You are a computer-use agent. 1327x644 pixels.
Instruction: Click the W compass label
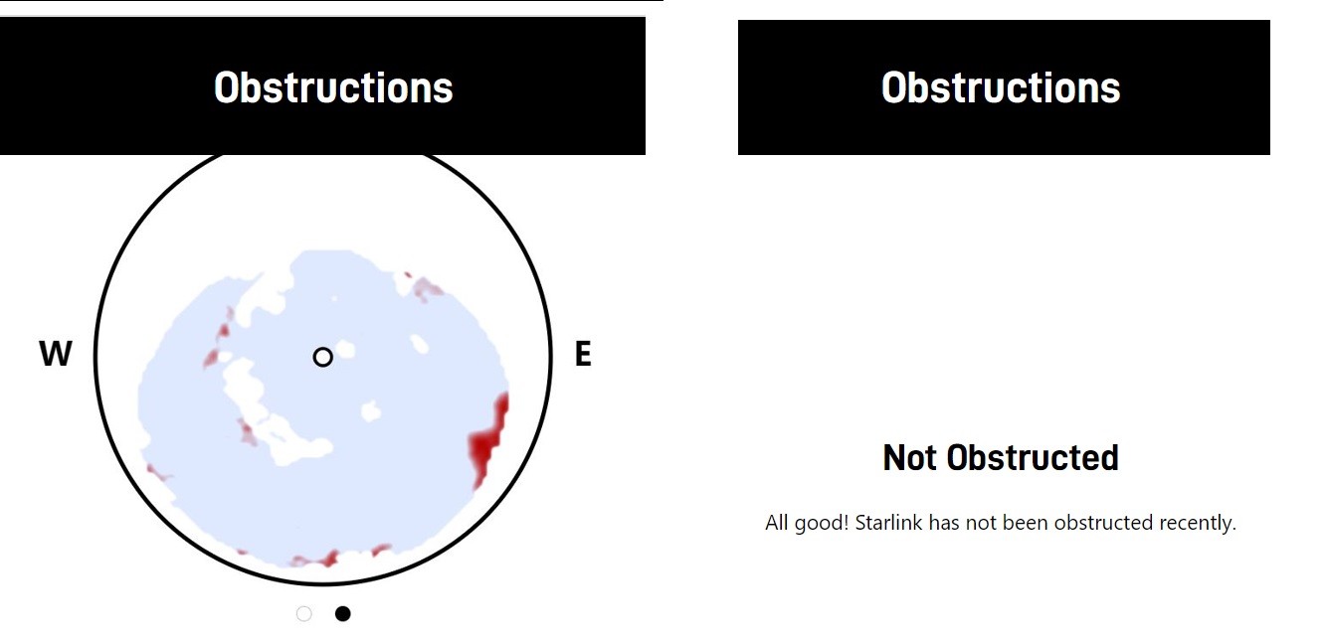56,354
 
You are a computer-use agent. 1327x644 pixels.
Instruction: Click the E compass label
583,354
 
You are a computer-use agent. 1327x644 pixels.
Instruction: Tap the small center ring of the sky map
323,358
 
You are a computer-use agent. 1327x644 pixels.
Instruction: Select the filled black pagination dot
342,614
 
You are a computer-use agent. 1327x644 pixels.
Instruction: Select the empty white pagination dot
304,614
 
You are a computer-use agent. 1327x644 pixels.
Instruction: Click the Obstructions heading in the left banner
333,87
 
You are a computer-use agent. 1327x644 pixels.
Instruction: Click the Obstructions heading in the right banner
1001,87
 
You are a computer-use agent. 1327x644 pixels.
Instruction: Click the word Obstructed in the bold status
1033,457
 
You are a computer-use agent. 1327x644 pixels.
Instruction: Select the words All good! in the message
807,524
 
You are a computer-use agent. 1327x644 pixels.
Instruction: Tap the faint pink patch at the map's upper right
427,288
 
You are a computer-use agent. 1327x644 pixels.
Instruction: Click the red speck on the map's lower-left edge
159,472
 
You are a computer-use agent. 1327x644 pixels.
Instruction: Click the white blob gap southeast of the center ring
371,410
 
